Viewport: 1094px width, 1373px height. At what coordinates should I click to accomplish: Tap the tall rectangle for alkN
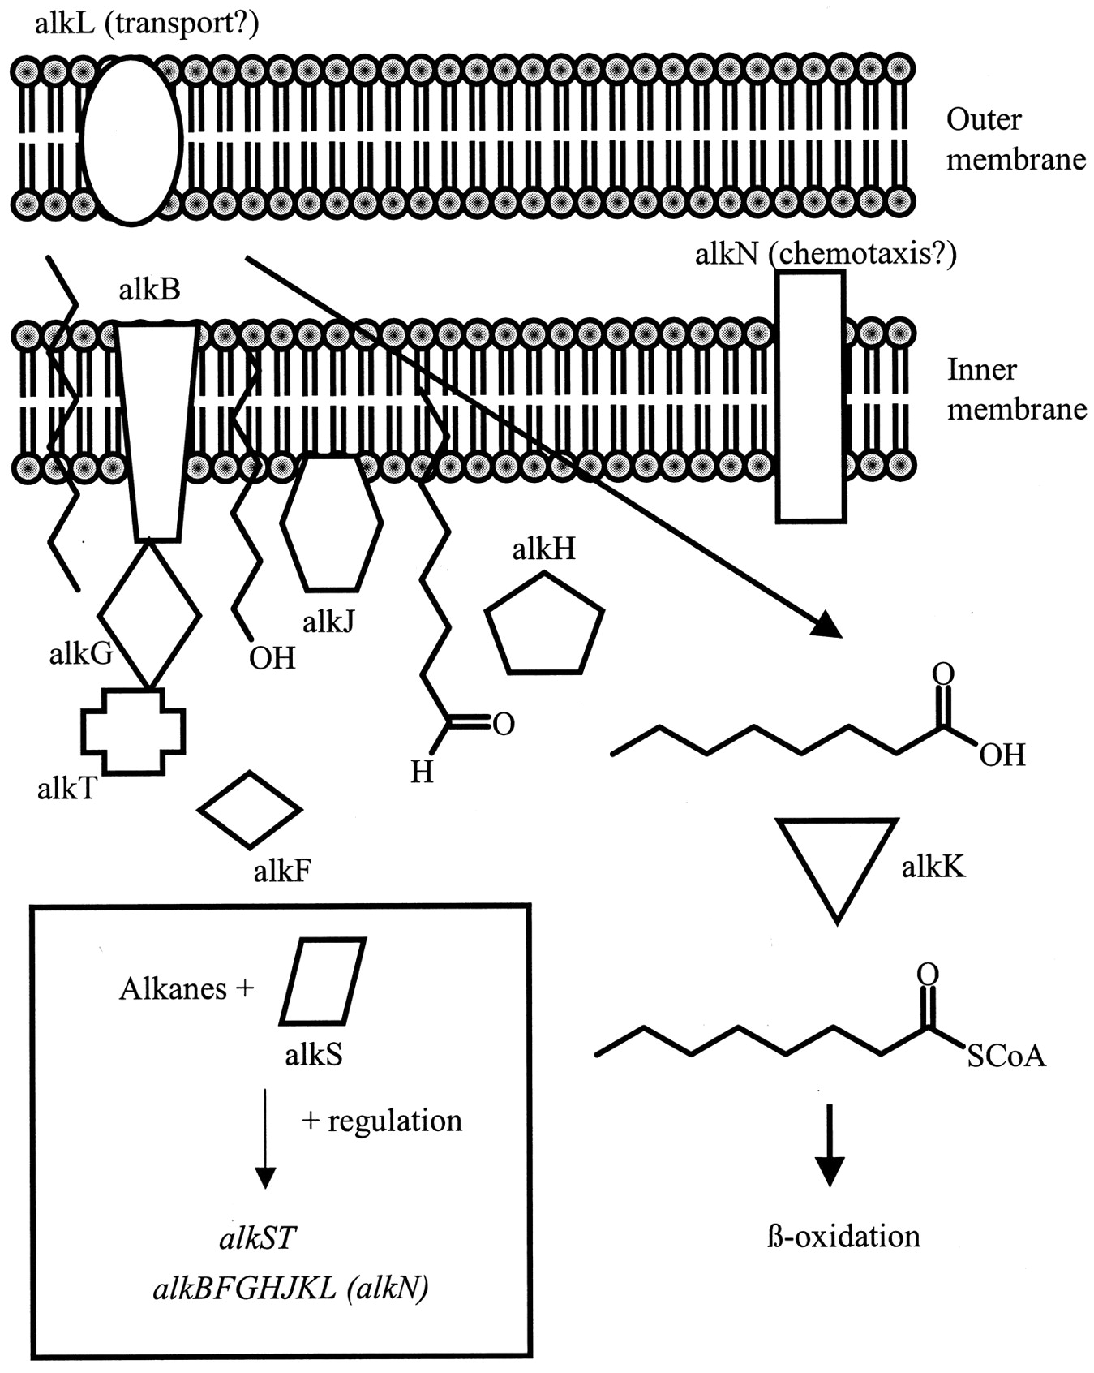click(810, 396)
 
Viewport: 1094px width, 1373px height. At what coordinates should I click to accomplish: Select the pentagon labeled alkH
click(544, 626)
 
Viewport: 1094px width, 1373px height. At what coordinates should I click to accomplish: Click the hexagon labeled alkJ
click(331, 523)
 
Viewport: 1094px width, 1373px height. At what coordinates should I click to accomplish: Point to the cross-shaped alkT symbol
click(134, 731)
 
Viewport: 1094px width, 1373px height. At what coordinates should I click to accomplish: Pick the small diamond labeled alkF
click(250, 809)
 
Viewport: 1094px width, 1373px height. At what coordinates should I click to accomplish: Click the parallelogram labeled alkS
click(323, 981)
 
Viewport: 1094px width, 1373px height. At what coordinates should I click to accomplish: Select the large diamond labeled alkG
click(149, 614)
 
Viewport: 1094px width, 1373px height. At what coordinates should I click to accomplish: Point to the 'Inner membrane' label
click(1016, 390)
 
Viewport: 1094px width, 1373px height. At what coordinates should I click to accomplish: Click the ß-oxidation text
click(843, 1237)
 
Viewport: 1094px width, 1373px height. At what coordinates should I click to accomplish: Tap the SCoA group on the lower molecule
click(1006, 1056)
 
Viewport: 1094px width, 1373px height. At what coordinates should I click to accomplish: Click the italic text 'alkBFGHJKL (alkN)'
click(290, 1288)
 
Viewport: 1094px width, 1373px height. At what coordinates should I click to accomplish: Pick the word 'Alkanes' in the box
click(173, 988)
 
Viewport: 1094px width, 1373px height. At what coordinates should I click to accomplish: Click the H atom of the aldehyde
click(422, 771)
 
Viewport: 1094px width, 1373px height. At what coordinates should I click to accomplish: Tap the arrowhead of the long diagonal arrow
click(827, 626)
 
